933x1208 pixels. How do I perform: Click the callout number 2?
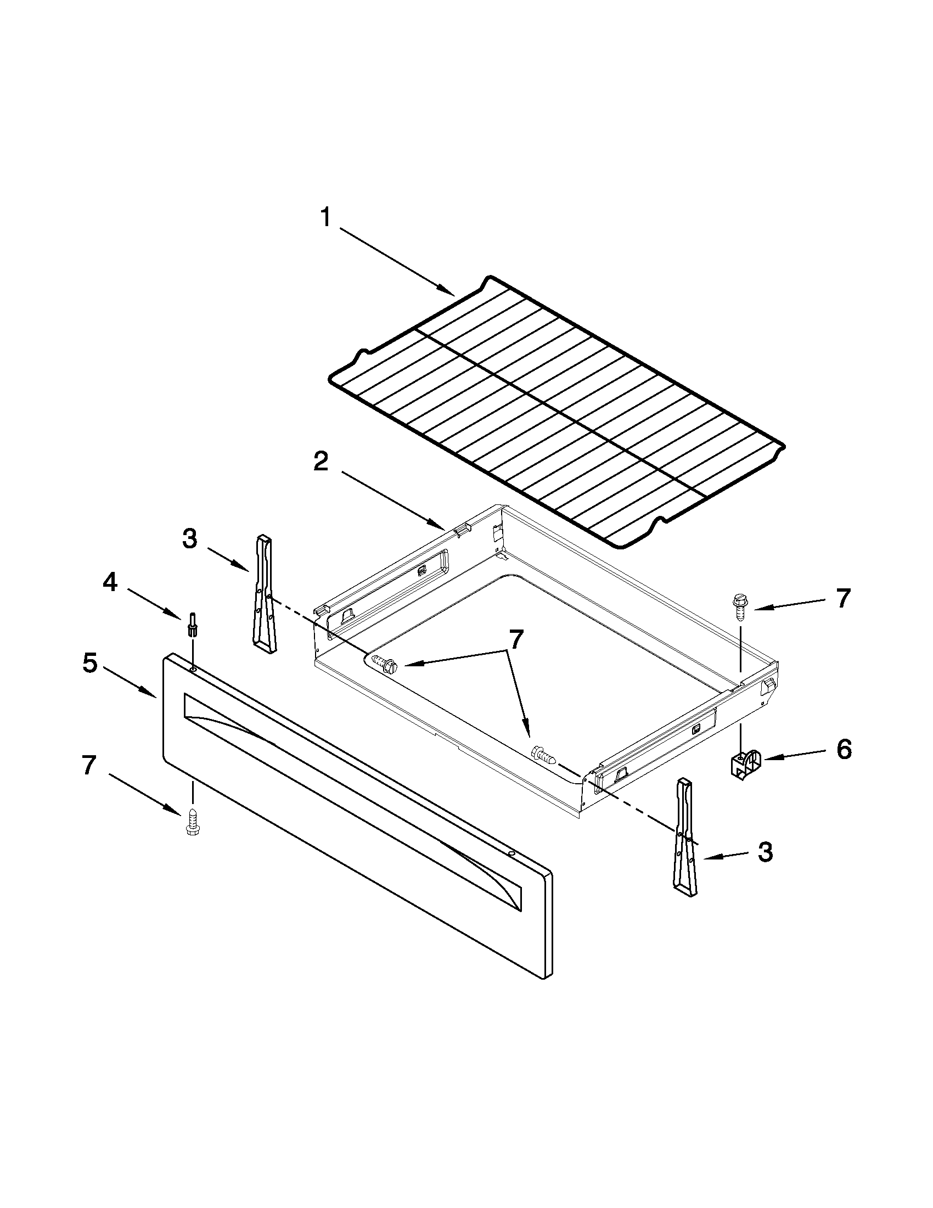321,461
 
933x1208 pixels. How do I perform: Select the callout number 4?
110,582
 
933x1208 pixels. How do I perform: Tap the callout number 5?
90,662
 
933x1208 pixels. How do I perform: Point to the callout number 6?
843,750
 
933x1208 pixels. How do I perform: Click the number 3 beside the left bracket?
190,538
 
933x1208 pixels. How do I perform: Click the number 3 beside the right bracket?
765,852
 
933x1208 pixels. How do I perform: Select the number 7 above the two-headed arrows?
515,639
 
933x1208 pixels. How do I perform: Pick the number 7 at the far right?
842,598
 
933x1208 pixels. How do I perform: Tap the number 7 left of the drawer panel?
89,766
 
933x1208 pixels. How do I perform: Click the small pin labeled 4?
193,625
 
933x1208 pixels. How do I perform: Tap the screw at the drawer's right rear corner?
739,605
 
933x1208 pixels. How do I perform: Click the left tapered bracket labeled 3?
264,593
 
